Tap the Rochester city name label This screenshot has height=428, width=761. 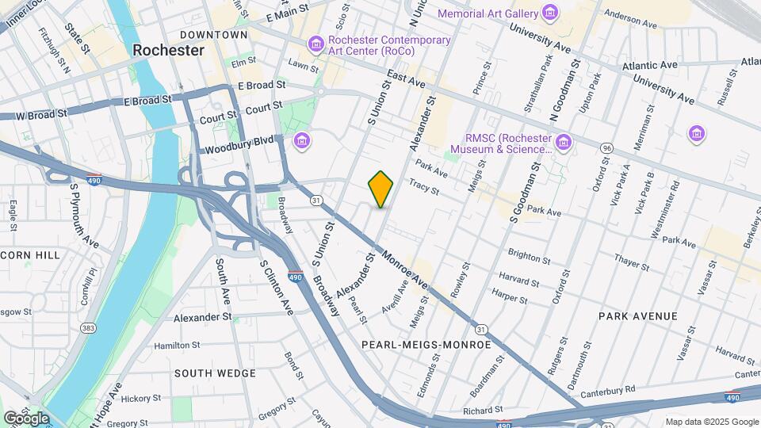(x=168, y=50)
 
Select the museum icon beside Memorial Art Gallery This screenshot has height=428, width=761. (x=549, y=13)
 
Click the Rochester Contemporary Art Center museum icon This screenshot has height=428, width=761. (x=316, y=40)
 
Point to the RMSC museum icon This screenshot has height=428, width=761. (x=564, y=141)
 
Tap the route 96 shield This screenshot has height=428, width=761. (x=607, y=148)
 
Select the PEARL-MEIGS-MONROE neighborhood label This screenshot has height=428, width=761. (x=426, y=345)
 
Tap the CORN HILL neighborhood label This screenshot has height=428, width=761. (x=29, y=254)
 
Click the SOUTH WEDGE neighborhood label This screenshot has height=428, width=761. (x=215, y=373)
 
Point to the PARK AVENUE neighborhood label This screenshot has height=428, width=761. (x=637, y=316)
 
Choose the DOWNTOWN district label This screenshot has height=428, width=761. (x=213, y=35)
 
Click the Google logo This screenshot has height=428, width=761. (x=26, y=418)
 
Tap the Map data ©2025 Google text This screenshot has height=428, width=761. (x=711, y=422)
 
